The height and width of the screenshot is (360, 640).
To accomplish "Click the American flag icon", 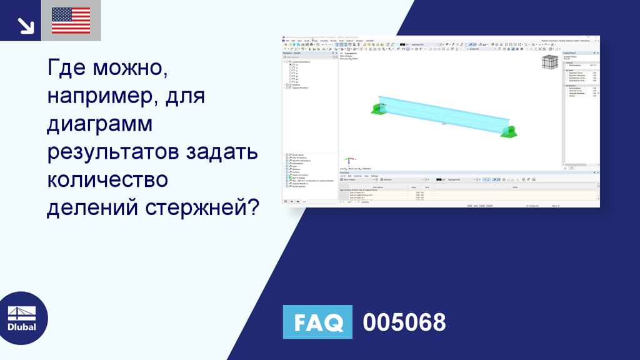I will coord(71,21).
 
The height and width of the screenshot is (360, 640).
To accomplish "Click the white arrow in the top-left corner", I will coord(26,26).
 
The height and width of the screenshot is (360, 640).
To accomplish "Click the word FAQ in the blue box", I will coord(317,322).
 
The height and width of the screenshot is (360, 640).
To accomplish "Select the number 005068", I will coord(404,322).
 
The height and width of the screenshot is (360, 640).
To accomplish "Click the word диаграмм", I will coord(100,125).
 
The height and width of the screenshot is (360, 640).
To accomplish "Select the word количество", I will coord(107,179).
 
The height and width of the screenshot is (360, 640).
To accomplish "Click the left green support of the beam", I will coord(377,109).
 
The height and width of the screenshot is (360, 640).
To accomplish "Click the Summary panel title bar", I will coord(344,172).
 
